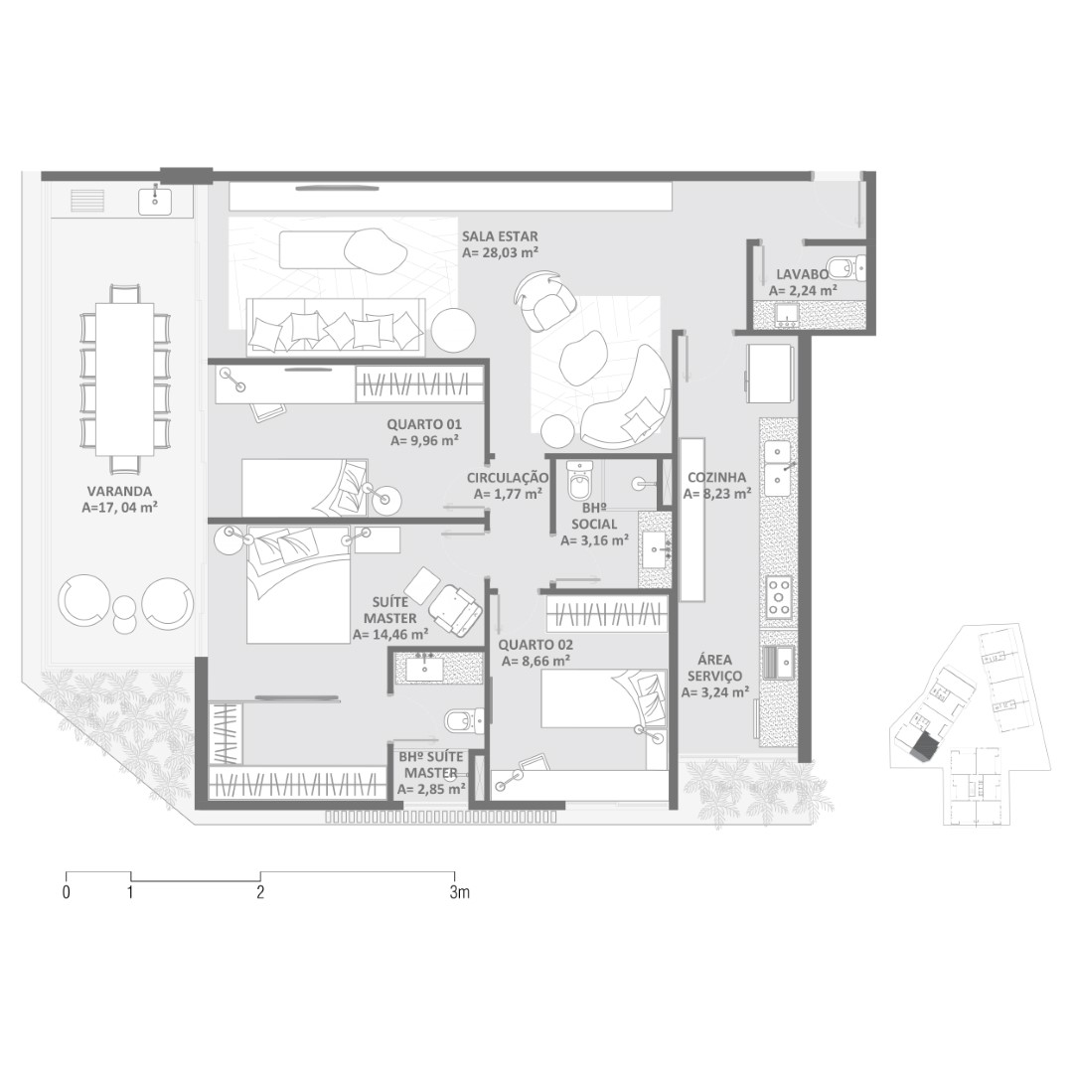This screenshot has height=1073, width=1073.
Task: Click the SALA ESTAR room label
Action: pos(500,236)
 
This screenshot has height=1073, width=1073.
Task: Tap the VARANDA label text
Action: pos(120,492)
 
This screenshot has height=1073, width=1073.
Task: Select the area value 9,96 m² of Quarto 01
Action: pos(424,441)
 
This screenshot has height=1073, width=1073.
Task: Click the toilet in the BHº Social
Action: pos(579,481)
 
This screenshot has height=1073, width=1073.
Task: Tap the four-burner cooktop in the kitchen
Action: pos(778,596)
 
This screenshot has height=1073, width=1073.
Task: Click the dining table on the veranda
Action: pos(124,380)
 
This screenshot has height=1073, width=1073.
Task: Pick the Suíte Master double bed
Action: pos(298,585)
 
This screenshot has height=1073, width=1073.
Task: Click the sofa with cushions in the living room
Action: pos(336,327)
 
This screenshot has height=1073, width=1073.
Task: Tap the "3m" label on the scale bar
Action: pos(460,892)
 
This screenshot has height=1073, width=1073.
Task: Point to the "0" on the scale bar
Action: pos(66,892)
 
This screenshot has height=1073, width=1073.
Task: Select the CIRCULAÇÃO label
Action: pos(508,478)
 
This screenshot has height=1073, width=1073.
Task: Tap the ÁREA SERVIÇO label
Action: pos(715,668)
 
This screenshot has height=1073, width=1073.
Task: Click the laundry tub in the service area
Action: pos(778,660)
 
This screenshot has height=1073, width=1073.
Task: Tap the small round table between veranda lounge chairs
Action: pos(124,615)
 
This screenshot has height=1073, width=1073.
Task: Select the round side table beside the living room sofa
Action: pos(453,330)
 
